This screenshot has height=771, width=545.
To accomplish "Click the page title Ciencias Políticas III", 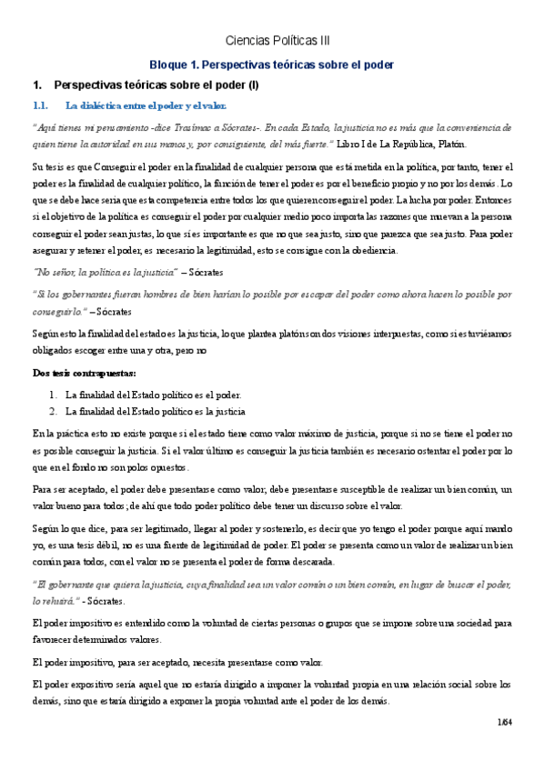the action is tap(278, 41).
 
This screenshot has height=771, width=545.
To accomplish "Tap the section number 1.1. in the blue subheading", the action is tap(44, 105).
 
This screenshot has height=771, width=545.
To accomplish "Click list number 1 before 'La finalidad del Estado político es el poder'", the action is tap(53, 395).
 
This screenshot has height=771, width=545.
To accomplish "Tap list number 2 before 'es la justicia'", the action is tap(53, 410).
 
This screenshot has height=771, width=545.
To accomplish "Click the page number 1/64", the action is tap(504, 722).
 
